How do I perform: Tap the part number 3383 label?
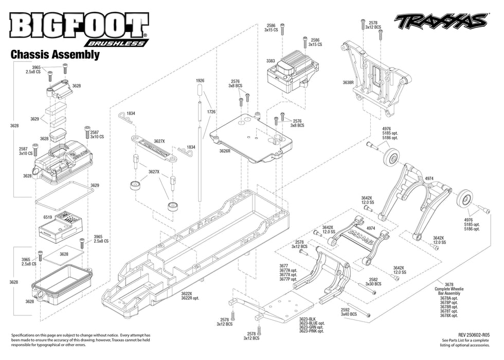271,61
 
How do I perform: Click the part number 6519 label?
48,218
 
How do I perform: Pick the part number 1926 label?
200,81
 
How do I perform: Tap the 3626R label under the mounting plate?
225,151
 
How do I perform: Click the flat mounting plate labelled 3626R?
252,136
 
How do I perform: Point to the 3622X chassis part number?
186,294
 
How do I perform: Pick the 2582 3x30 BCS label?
373,281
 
